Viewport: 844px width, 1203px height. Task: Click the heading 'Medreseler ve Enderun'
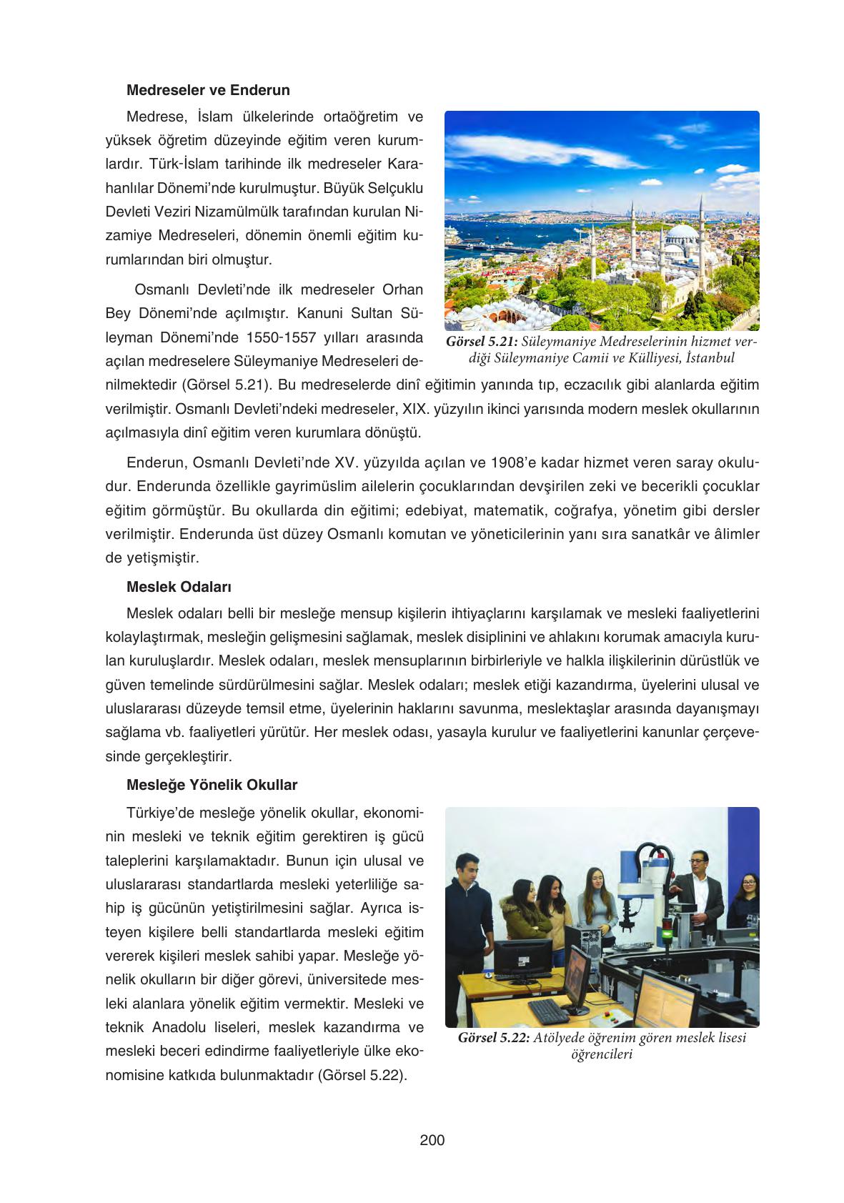(208, 90)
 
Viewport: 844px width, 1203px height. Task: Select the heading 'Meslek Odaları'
(179, 587)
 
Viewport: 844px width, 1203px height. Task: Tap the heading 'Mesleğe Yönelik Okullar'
(212, 785)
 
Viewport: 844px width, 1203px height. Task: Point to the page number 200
(432, 1140)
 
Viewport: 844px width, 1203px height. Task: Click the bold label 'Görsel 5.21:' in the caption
(482, 342)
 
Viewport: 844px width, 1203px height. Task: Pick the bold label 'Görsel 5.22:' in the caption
(494, 1038)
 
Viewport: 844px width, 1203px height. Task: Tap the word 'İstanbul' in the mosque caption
(709, 357)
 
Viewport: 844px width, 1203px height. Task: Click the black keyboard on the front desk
(548, 1010)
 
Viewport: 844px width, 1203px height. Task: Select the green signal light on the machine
(667, 934)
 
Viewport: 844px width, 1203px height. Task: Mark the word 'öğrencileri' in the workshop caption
(602, 1055)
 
